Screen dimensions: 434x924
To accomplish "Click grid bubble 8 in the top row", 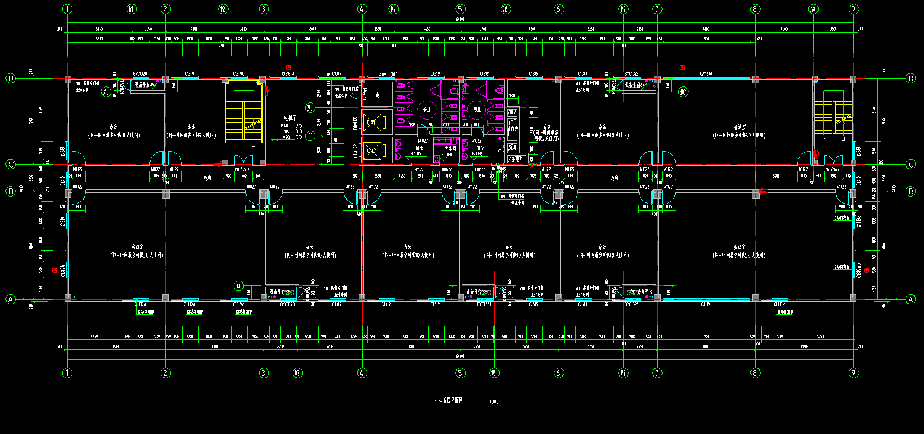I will [x=754, y=9].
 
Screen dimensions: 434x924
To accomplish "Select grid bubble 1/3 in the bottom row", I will [x=298, y=373].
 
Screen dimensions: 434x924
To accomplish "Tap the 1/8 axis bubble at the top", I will [x=813, y=9].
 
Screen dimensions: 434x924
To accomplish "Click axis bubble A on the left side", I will [x=10, y=300].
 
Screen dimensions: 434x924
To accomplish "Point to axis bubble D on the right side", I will [x=911, y=78].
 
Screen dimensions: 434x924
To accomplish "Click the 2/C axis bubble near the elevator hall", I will [x=309, y=108].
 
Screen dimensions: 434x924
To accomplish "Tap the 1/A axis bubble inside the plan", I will [x=239, y=287].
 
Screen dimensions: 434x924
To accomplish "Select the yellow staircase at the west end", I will [x=243, y=121].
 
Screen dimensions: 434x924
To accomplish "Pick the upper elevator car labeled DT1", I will [x=372, y=123].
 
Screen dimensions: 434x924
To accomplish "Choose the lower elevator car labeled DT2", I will [x=372, y=150].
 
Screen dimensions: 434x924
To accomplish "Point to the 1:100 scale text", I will [x=494, y=402].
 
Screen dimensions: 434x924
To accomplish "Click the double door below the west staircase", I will [x=243, y=160].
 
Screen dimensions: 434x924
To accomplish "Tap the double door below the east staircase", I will [x=834, y=160].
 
